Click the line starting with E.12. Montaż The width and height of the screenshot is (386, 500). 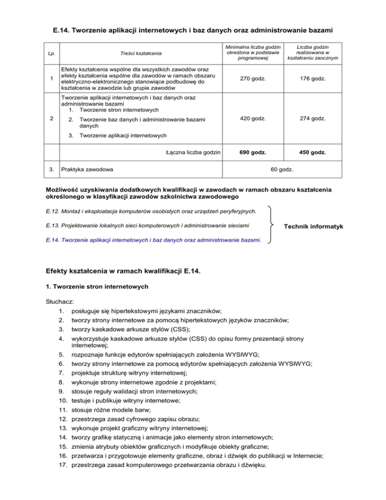click(146, 210)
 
